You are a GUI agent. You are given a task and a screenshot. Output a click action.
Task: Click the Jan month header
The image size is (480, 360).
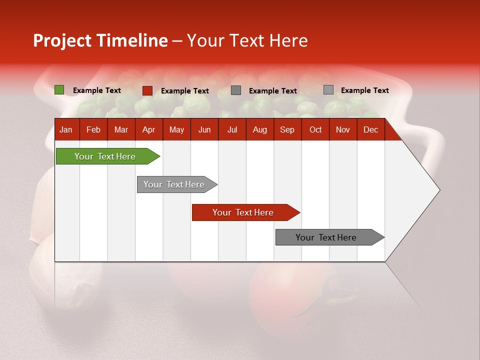point(66,130)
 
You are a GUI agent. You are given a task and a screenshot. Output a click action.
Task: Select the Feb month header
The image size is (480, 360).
point(93,130)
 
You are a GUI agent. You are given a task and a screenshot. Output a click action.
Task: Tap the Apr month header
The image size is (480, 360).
point(148,130)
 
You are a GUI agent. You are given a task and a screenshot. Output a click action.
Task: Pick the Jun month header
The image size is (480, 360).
point(204,130)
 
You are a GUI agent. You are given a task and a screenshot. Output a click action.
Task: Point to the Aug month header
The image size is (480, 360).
point(259,130)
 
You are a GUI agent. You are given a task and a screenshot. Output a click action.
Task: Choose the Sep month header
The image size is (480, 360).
point(287,130)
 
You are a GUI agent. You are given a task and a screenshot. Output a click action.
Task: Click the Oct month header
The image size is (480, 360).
point(315,130)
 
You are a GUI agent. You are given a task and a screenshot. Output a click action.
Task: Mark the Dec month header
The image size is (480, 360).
point(370,130)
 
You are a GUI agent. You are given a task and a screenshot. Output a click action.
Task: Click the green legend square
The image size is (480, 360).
point(59,90)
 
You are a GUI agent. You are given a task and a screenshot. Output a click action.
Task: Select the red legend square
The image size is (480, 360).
point(147,90)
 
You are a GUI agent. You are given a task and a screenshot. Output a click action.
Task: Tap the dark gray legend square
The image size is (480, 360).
point(236,90)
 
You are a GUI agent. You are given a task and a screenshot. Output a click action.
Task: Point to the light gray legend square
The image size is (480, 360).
point(328,90)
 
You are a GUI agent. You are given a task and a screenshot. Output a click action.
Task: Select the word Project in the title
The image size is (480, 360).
point(62,40)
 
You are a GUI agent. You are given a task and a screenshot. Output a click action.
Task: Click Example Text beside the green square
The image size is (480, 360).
point(97,90)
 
